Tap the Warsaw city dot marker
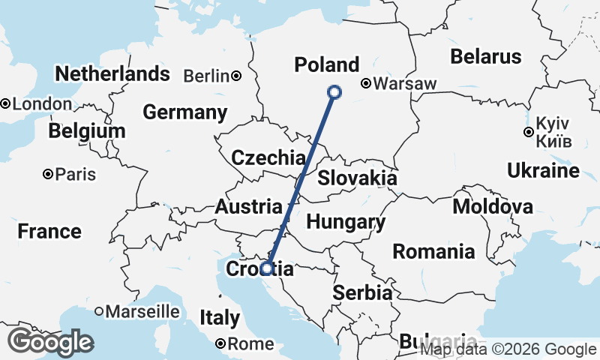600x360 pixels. (x=366, y=84)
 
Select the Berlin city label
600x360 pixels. (x=205, y=76)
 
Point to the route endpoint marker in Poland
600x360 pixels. (x=334, y=92)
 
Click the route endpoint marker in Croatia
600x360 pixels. (x=266, y=268)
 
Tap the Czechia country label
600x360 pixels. (x=268, y=158)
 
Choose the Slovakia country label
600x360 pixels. (x=357, y=178)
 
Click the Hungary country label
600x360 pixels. (x=346, y=222)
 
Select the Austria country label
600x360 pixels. (x=247, y=207)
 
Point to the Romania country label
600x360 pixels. (x=433, y=251)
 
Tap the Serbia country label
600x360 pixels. (x=363, y=292)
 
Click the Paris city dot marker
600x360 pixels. (x=48, y=174)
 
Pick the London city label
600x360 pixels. (x=42, y=104)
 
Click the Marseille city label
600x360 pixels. (x=142, y=310)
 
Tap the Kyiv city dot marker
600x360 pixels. (x=529, y=132)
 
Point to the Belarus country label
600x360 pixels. (x=485, y=57)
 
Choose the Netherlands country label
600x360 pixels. (x=112, y=74)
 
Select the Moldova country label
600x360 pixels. (x=493, y=207)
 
